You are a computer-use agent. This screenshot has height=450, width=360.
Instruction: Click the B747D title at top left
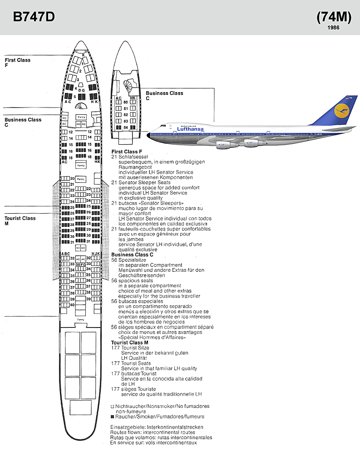pos(34,17)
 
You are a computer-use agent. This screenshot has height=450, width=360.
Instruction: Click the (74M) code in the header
pos(334,17)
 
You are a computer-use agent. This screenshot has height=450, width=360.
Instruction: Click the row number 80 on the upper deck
pos(126,102)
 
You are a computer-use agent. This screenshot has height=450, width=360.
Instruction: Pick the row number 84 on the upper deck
pos(126,127)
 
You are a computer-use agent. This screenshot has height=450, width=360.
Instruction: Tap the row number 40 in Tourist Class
pos(72,304)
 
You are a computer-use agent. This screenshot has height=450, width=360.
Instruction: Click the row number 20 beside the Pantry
pos(72,178)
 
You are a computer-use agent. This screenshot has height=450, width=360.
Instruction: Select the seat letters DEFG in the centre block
pos(80,264)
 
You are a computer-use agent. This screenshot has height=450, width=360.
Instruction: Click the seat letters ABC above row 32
pos(65,254)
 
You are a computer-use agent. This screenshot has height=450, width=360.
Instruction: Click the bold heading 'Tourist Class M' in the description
pos(129,342)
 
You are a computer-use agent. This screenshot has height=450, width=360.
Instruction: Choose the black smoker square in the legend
pos(112,416)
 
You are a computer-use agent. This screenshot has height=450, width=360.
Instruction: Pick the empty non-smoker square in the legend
pos(112,406)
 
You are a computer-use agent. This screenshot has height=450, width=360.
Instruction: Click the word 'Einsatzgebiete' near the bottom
pos(125,427)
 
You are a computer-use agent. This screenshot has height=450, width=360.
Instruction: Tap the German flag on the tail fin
pos(347,98)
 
